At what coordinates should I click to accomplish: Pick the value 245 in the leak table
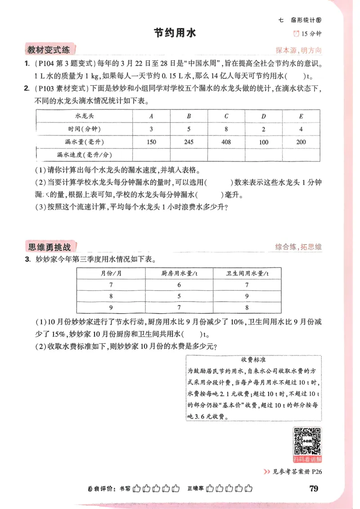pyautogui.click(x=189, y=142)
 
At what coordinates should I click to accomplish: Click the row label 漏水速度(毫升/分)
pyautogui.click(x=84, y=154)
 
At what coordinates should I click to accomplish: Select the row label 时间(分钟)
pyautogui.click(x=84, y=129)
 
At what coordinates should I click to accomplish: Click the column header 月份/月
pyautogui.click(x=111, y=273)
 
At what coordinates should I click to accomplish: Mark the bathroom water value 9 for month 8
pyautogui.click(x=247, y=296)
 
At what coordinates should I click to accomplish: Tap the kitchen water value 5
pyautogui.click(x=179, y=296)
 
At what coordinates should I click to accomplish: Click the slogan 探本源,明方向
pyautogui.click(x=299, y=50)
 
